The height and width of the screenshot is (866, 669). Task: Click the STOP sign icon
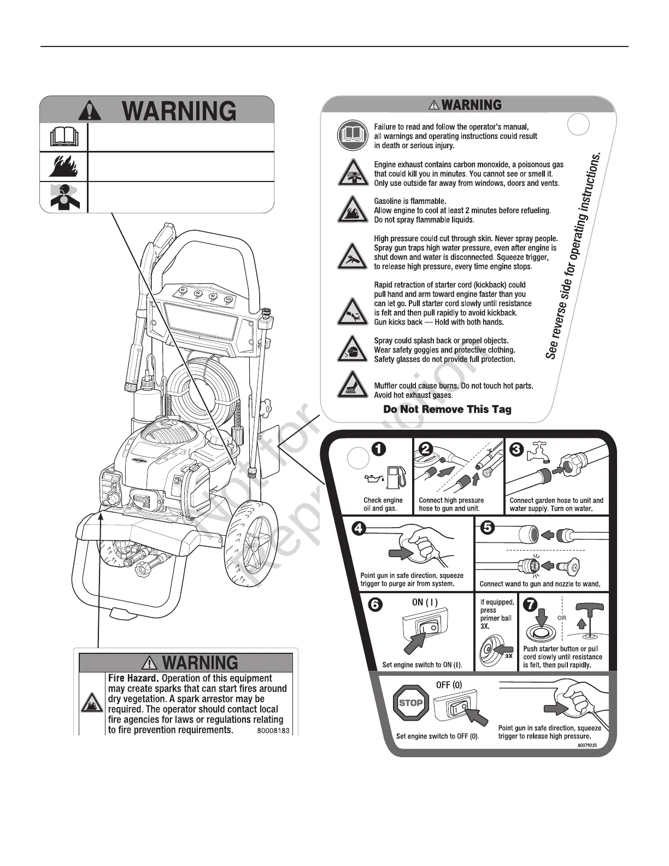(412, 703)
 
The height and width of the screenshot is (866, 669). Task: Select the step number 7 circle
(531, 606)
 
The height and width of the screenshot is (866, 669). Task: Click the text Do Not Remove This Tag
(447, 409)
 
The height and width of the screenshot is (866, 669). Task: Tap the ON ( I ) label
(424, 602)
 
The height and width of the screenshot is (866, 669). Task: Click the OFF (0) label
(449, 684)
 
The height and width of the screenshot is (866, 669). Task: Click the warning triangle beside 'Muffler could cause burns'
(350, 385)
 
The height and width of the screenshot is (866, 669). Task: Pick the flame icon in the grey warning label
(63, 166)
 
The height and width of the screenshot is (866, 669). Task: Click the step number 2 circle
(425, 448)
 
